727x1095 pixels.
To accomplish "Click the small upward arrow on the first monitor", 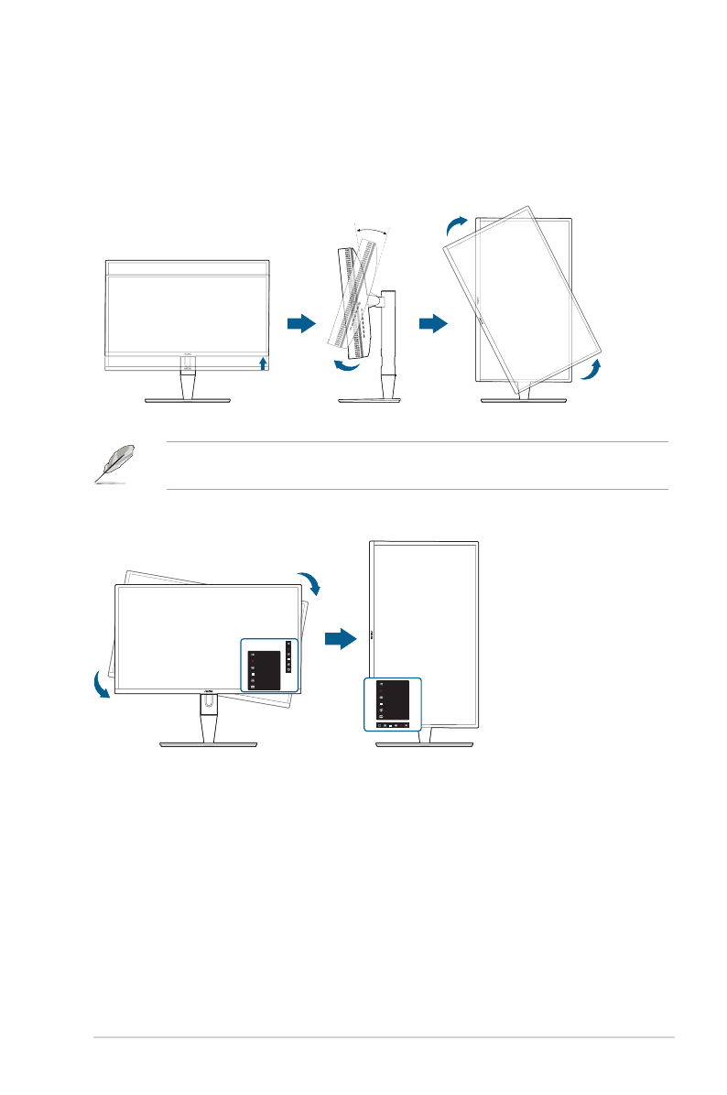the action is tap(264, 363).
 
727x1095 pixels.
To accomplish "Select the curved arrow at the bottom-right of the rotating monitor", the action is tap(592, 370).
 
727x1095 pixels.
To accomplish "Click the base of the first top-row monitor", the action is tap(188, 400).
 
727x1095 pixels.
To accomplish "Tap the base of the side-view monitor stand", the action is tap(371, 400).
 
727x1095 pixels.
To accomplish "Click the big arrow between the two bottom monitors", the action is tap(340, 638).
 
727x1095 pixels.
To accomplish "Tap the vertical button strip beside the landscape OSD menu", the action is tap(288, 656).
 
